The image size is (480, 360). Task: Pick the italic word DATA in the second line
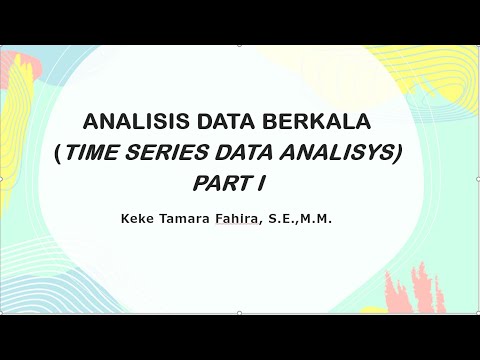click(259, 153)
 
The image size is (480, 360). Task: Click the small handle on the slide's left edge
click(2, 180)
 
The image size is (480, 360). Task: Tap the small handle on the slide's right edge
click(477, 180)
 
